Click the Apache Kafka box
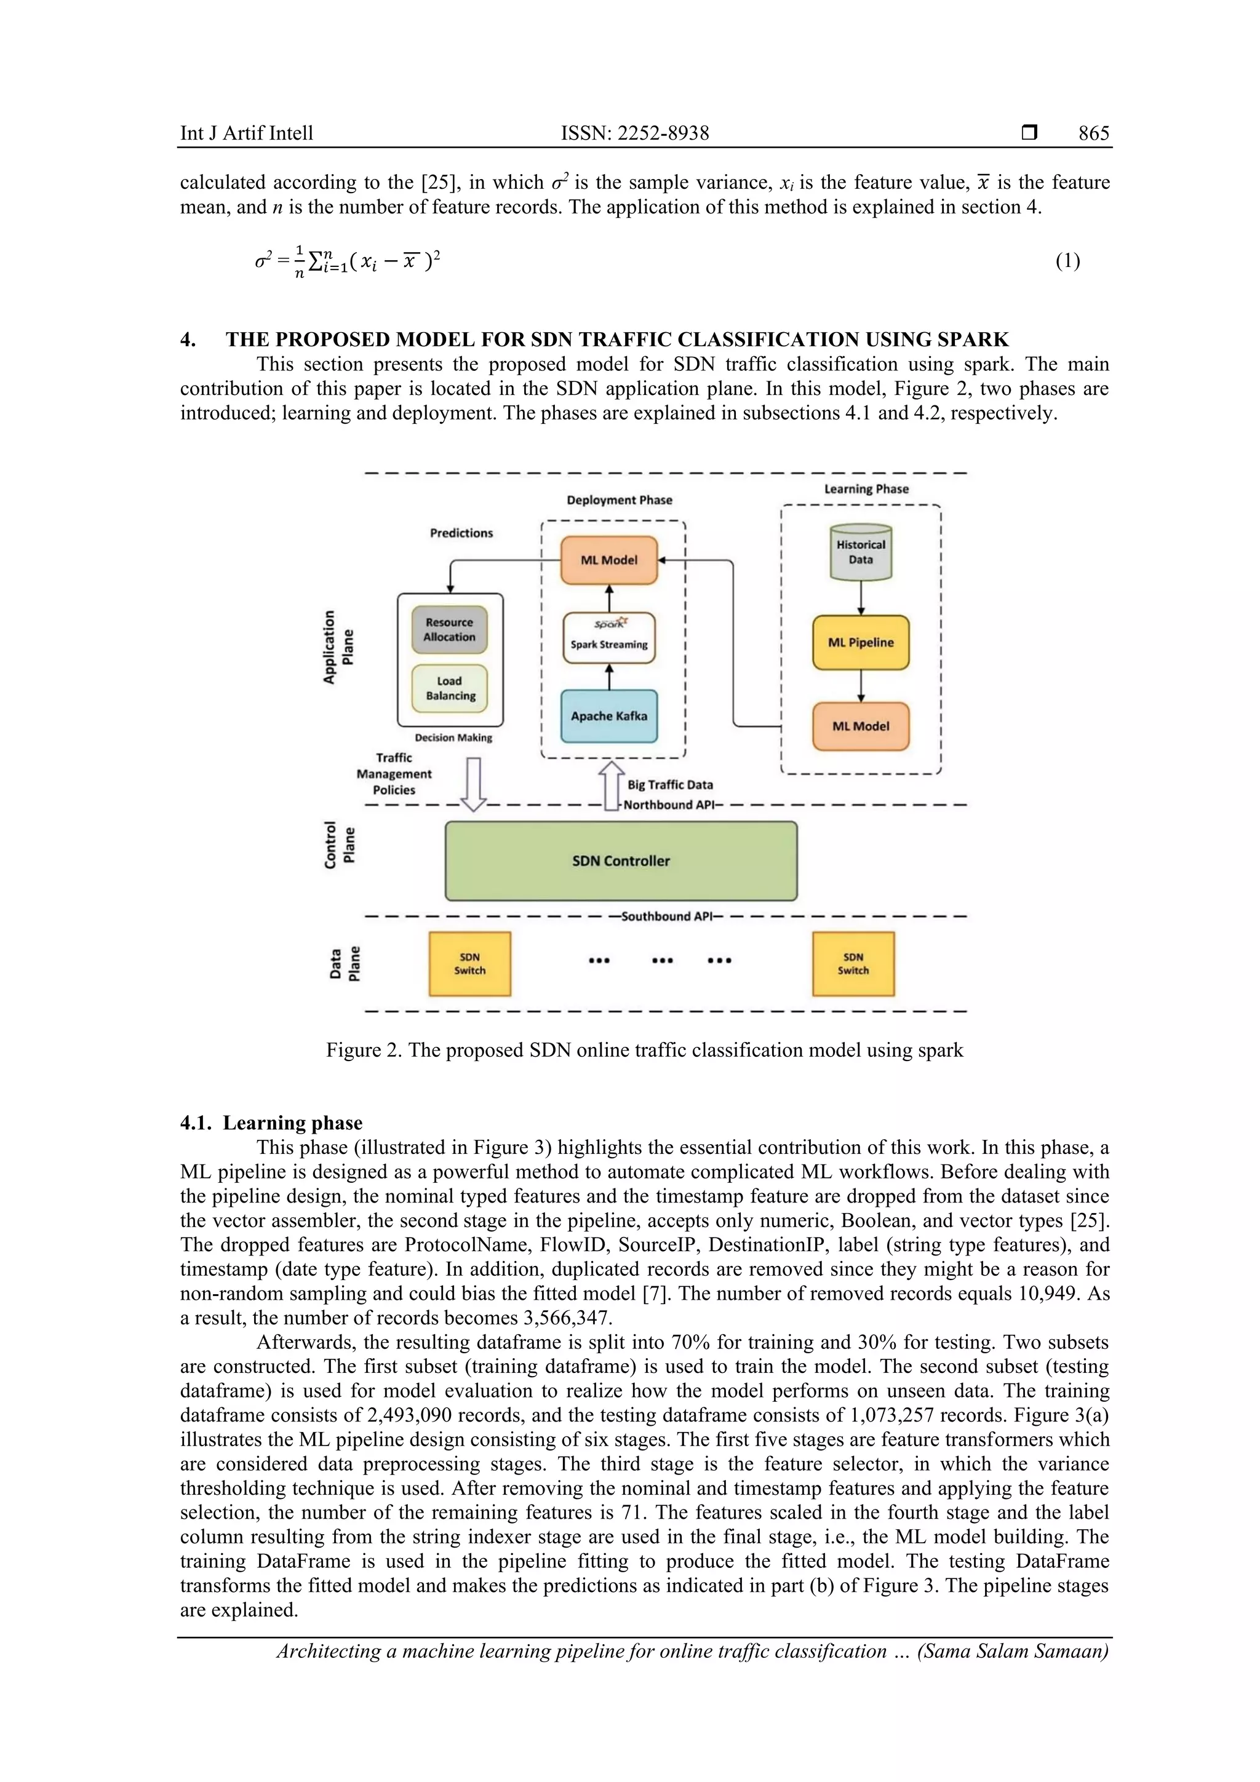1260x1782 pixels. point(608,715)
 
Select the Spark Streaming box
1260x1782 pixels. point(608,637)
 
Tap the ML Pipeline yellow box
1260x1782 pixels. point(860,643)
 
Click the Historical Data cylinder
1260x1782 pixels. point(860,552)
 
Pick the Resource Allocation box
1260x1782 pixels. point(450,629)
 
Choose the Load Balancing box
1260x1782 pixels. point(450,688)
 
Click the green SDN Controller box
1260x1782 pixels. point(620,861)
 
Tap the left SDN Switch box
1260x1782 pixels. point(469,964)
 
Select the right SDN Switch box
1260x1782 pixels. point(853,964)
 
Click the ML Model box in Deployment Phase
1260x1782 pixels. point(608,560)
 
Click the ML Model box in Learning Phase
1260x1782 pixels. point(860,726)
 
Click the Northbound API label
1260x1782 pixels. point(668,805)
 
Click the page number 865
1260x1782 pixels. point(1093,133)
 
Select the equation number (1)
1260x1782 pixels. point(1067,261)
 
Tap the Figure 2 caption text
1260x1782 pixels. point(644,1050)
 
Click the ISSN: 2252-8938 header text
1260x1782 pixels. point(634,133)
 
